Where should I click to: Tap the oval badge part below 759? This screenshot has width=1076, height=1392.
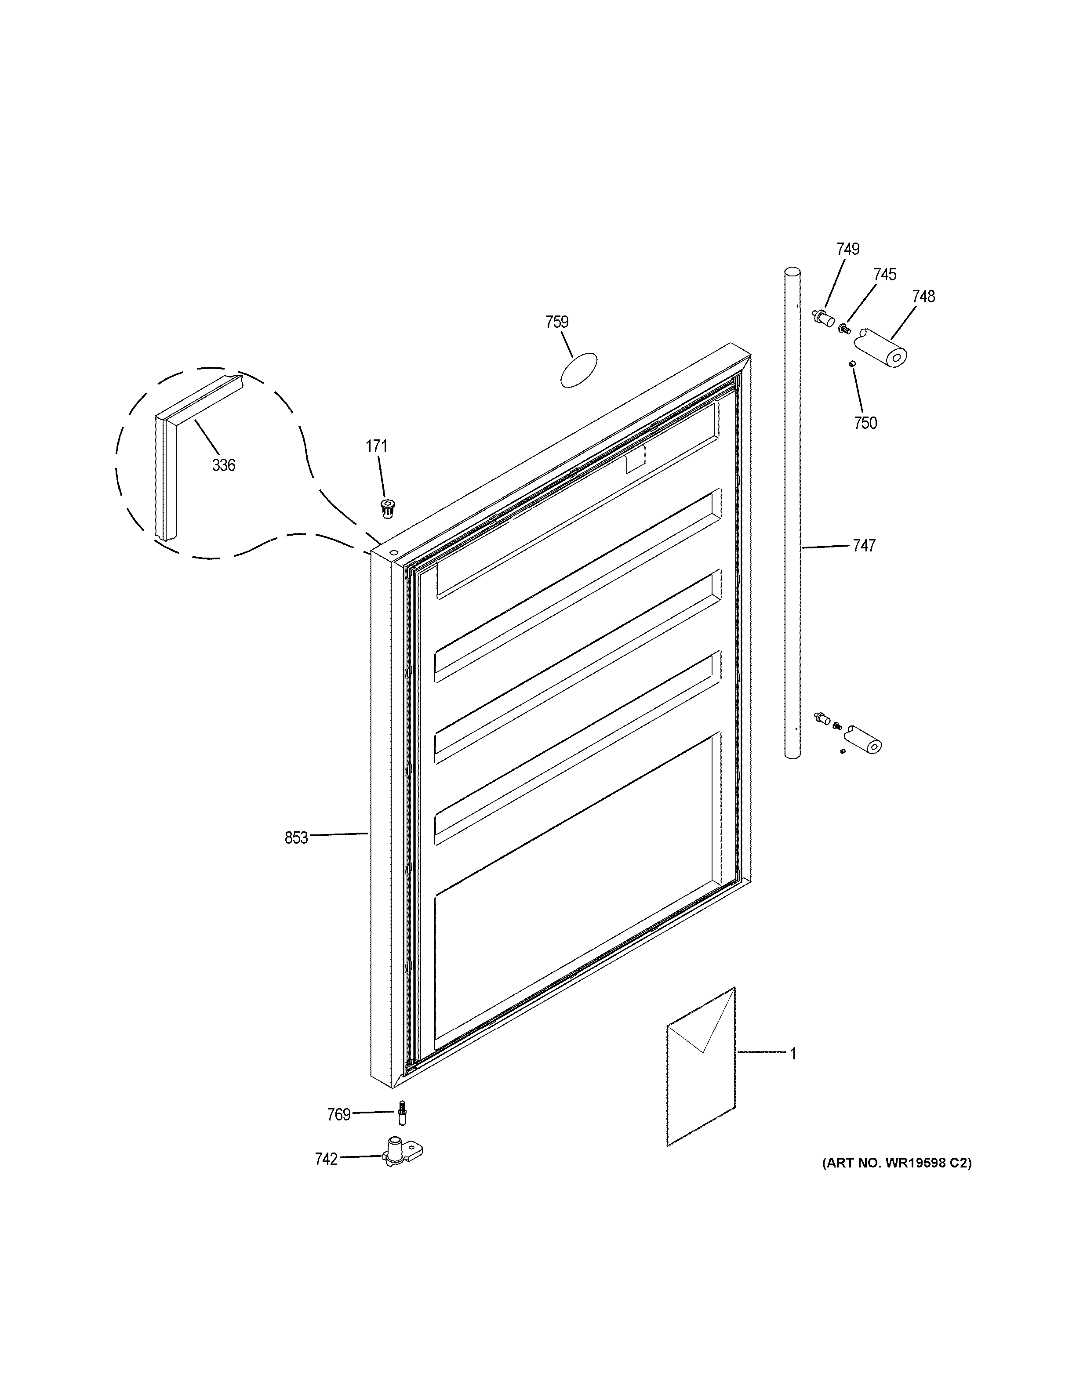[x=579, y=370]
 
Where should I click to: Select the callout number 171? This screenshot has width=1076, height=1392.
[x=376, y=446]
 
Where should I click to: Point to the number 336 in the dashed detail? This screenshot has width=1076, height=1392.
[x=224, y=465]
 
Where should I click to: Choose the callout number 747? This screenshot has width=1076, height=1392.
[x=864, y=546]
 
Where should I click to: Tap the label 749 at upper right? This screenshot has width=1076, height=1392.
[x=848, y=249]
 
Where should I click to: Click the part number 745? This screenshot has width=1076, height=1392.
[x=885, y=275]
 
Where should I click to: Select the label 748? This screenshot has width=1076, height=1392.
[x=923, y=297]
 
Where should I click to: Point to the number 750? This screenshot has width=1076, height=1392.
[x=865, y=423]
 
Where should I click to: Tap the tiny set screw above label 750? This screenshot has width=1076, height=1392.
[x=851, y=363]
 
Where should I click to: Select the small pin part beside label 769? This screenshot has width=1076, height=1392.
[x=402, y=1113]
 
